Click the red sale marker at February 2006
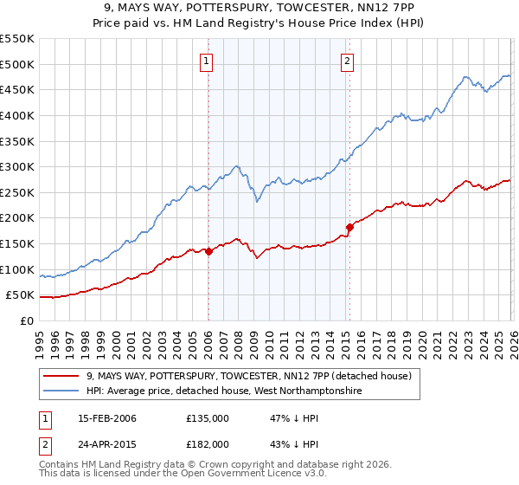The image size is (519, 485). coord(208,251)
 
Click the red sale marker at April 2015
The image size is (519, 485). coord(349,228)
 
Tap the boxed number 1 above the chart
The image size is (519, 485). coord(208,61)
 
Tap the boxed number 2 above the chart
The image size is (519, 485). coord(347,61)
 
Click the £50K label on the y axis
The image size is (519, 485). coord(21,295)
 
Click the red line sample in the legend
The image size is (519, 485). coord(61,376)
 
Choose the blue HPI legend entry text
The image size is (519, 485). coord(223,391)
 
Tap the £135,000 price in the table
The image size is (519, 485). coord(207,418)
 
